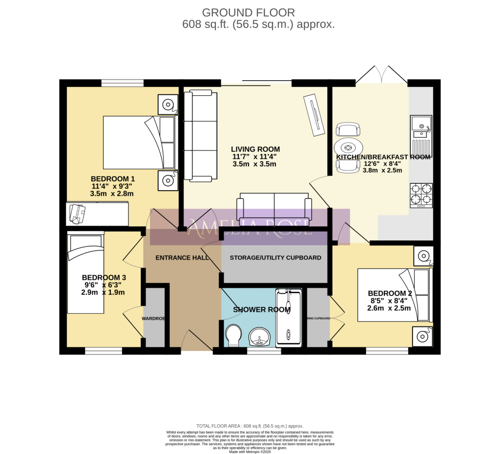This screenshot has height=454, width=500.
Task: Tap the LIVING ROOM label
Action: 255,150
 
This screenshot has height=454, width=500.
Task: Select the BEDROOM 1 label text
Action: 113,179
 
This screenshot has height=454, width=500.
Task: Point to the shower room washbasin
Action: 260,336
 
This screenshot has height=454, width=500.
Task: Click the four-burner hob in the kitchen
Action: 421,195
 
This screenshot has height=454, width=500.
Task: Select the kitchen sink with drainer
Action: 421,134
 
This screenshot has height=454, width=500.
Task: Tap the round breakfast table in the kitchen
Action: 349,148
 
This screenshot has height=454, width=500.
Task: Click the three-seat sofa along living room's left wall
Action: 200,136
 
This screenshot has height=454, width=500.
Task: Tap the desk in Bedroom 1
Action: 97,214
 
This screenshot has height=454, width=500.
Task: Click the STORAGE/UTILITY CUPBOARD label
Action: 275,258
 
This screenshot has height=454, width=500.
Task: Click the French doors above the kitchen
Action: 381,75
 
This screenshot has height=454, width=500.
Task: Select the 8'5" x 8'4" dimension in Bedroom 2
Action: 389,301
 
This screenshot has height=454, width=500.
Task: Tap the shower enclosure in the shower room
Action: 289,318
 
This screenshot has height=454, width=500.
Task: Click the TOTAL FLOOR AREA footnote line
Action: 250,426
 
